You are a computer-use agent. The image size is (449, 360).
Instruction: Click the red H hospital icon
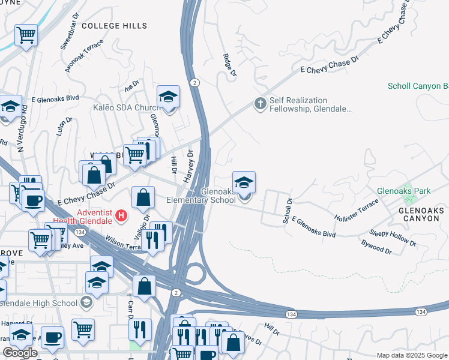(x=122, y=215)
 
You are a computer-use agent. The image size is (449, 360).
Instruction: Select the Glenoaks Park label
(x=403, y=191)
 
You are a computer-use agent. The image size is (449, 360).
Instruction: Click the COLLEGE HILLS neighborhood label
(x=114, y=26)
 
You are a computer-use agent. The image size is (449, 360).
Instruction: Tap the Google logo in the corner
(x=20, y=353)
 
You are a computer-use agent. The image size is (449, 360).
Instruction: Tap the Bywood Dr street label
(x=376, y=248)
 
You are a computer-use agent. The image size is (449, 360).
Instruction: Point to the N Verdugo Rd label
(x=23, y=128)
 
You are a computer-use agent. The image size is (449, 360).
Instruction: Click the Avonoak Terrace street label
(x=85, y=56)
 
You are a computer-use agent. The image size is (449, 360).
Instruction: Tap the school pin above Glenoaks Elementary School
(x=244, y=183)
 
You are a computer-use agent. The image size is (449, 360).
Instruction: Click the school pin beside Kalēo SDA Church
(x=169, y=97)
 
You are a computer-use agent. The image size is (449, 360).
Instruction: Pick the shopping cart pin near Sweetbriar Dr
(x=26, y=35)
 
